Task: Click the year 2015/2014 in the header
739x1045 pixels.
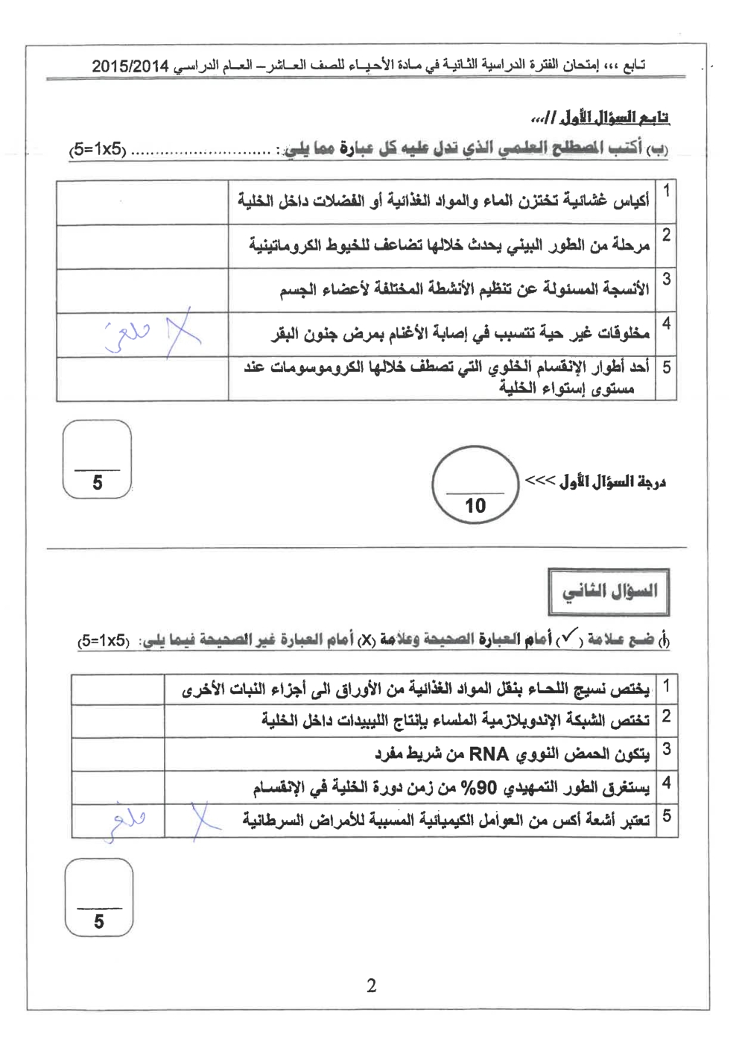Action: pos(130,66)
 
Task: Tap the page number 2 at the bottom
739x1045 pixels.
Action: pos(371,985)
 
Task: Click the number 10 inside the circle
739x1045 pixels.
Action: pos(475,506)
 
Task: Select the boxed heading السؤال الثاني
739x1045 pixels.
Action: pos(609,593)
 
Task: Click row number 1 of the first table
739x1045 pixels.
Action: pos(666,191)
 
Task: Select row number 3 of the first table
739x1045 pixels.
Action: pos(666,280)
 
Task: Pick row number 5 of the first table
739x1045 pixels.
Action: pos(666,367)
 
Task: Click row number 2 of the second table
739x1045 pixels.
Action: pos(666,717)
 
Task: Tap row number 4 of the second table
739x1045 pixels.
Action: pos(666,783)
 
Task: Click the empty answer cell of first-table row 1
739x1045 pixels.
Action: pos(142,202)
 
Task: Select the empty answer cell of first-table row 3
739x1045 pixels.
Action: pos(142,291)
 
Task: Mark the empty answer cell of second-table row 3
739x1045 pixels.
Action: pos(118,754)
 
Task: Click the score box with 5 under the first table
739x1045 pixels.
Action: pos(98,459)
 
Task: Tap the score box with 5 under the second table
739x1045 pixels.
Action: pos(99,897)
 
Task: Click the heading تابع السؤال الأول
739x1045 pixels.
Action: pos(600,118)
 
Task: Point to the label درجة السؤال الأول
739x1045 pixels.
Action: pos(612,482)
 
